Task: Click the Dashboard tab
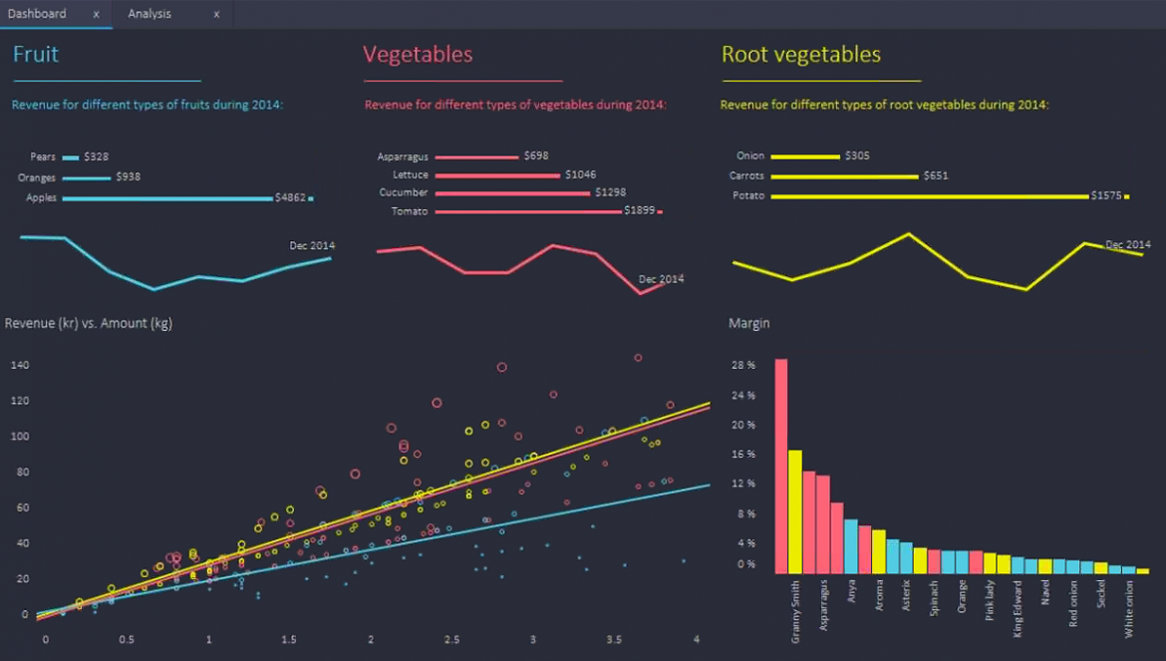[x=37, y=14]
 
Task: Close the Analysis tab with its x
[x=216, y=14]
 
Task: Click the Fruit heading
[x=36, y=54]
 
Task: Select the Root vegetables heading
[x=801, y=54]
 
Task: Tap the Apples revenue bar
[x=167, y=198]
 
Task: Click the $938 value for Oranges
[x=128, y=176]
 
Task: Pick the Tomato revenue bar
[x=528, y=212]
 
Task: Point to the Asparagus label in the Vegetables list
[x=403, y=157]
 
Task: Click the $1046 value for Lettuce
[x=580, y=174]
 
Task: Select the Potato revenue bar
[x=930, y=196]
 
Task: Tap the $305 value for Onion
[x=857, y=156]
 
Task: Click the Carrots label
[x=746, y=175]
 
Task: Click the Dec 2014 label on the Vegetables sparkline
[x=661, y=279]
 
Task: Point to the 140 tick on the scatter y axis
[x=20, y=365]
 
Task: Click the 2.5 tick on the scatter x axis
[x=451, y=639]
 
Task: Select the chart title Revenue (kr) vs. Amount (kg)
[x=89, y=323]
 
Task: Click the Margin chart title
[x=748, y=323]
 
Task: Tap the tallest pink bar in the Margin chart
[x=780, y=467]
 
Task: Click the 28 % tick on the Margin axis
[x=742, y=365]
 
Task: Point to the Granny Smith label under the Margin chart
[x=795, y=612]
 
